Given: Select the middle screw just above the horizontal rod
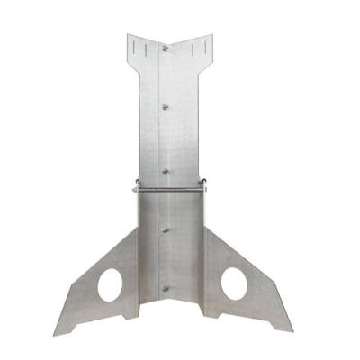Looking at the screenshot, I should (165, 167).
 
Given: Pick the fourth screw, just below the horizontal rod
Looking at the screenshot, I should (165, 229).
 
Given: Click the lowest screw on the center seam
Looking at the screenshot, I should (165, 288).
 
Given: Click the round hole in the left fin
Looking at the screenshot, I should (111, 284).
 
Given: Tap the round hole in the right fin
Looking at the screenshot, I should (234, 283).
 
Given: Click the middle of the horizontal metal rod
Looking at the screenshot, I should (170, 187).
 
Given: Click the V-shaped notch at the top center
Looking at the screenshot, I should (169, 51).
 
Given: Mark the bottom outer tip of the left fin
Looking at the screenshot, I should (56, 334).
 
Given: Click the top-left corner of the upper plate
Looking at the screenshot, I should (126, 35).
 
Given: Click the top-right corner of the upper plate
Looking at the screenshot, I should (213, 34).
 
